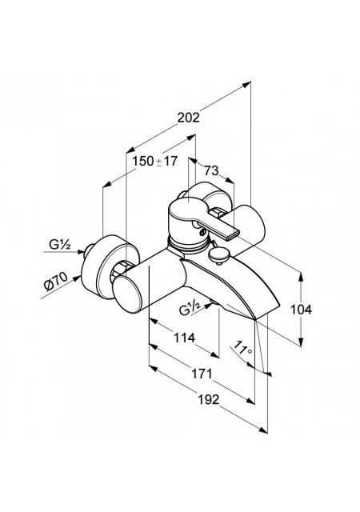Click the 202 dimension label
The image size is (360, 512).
[x=188, y=118]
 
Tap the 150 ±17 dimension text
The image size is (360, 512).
[x=155, y=161]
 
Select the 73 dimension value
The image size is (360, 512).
[x=211, y=170]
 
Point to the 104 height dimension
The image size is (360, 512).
[x=301, y=310]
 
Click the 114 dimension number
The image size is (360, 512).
[x=183, y=338]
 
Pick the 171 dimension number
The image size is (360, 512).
[x=202, y=374]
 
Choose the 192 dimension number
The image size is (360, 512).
[x=209, y=399]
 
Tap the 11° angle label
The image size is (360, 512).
[x=243, y=348]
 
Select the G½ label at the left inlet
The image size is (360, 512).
[x=60, y=244]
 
